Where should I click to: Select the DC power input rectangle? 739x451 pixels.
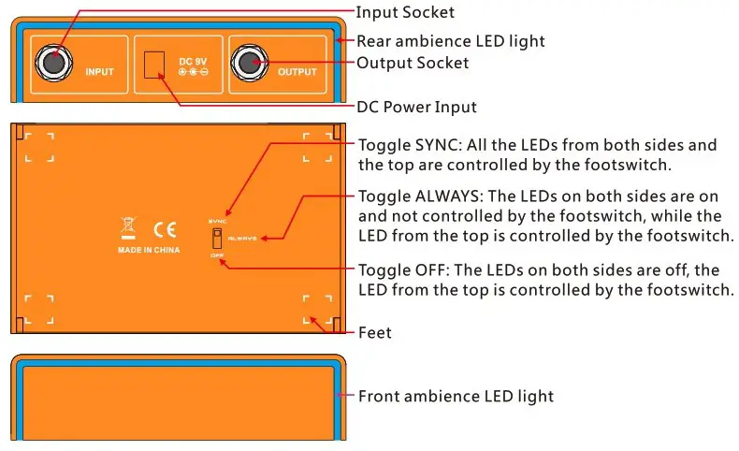153,65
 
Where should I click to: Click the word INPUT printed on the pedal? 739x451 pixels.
99,71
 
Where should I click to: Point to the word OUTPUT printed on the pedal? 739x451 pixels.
297,71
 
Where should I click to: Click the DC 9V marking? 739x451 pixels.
194,62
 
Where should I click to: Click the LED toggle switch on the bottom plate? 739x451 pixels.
218,238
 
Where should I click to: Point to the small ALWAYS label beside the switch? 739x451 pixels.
242,239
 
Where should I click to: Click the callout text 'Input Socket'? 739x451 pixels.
405,12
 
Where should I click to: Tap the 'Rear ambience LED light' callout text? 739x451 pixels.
451,41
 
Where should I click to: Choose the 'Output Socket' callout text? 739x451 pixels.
413,64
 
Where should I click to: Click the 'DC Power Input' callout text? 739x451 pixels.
416,107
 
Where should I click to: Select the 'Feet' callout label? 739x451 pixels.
374,332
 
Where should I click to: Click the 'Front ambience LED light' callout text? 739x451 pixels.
456,396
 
